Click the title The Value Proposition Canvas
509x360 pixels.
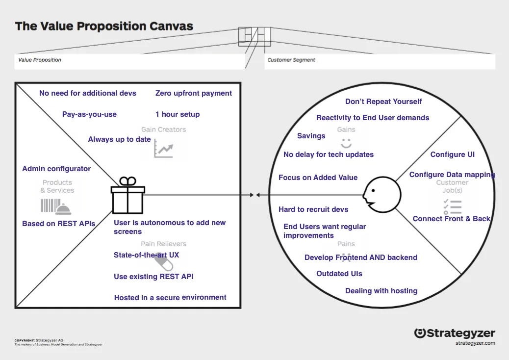click(104, 26)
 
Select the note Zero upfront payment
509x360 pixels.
click(194, 93)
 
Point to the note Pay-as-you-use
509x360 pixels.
click(89, 114)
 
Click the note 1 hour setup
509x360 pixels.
click(178, 114)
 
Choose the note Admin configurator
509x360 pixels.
click(56, 169)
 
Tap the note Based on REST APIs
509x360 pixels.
click(59, 224)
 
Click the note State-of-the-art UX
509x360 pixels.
click(147, 255)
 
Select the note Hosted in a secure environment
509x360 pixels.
click(170, 297)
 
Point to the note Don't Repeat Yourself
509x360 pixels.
click(383, 102)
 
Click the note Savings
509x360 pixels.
click(311, 136)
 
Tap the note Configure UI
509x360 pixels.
click(453, 154)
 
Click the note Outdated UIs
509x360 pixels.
click(339, 274)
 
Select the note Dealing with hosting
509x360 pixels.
click(381, 291)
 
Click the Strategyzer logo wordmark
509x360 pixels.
click(455, 334)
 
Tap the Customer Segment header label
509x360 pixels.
click(291, 60)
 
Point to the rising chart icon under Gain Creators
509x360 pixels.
click(163, 148)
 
